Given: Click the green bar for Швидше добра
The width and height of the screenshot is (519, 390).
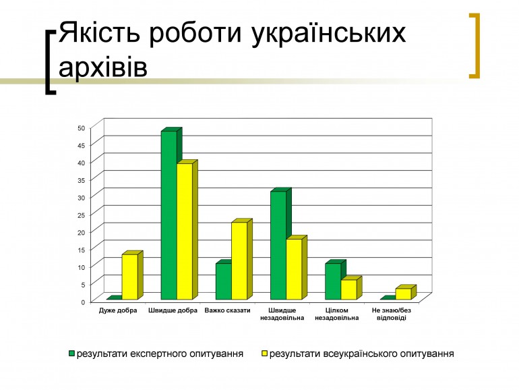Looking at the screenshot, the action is (x=169, y=215).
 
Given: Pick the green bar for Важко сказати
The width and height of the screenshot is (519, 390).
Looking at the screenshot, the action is (x=224, y=281).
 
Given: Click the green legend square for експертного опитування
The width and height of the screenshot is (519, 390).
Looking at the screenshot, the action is (x=71, y=354).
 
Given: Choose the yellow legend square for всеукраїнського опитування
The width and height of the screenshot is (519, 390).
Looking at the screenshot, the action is (x=264, y=354).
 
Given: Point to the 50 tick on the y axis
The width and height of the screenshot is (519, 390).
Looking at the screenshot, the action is (x=82, y=128).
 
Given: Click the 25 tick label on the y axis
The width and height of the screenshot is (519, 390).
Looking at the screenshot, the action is (x=82, y=215).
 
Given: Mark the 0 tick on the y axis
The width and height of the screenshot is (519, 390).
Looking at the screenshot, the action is (x=83, y=302).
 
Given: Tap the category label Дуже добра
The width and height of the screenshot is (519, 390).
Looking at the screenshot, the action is (x=118, y=310).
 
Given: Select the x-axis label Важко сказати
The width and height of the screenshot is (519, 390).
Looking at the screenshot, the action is (x=227, y=310).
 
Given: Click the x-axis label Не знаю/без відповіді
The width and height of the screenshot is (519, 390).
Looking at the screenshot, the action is (x=391, y=314).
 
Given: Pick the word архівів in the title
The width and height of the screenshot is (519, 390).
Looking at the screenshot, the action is (x=103, y=67).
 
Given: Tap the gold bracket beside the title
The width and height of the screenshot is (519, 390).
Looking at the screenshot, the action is (x=475, y=46).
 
